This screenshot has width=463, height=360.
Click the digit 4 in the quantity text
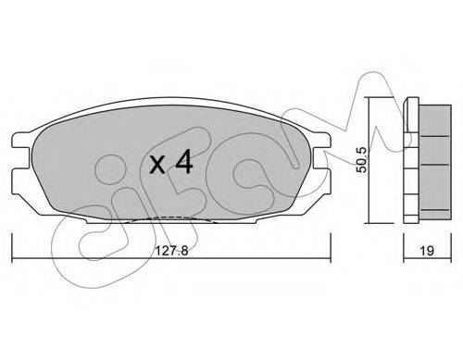click(184, 163)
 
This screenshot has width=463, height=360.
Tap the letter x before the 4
click(157, 165)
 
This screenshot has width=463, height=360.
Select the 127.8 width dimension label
click(171, 251)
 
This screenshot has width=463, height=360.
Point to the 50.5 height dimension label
click(361, 159)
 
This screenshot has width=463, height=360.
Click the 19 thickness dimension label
click(427, 251)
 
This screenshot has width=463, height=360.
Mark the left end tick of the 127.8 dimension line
click(12, 248)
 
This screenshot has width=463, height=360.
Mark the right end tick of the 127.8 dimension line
click(331, 248)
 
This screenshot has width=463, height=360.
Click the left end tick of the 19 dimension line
click(404, 248)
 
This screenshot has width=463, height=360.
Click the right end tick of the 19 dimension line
click(451, 248)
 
